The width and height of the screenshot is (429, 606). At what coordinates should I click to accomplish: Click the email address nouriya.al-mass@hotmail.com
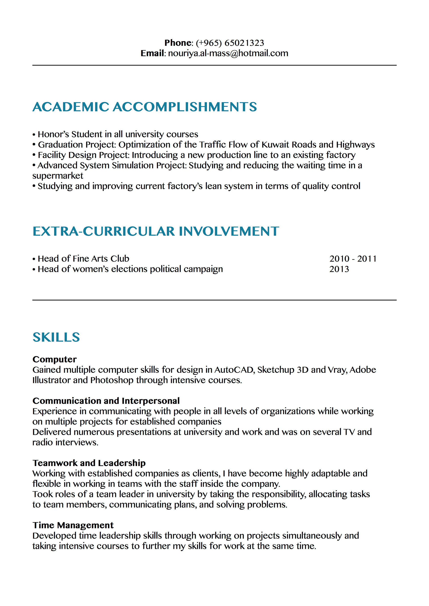point(228,53)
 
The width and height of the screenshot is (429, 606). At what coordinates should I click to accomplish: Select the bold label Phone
point(178,43)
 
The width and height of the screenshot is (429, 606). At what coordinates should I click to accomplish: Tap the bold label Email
point(152,53)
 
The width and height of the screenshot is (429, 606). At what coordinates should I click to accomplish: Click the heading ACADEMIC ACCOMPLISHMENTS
point(145,107)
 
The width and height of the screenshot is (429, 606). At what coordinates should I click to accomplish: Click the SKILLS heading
point(56,337)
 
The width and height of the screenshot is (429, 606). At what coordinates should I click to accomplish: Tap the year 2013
point(339,269)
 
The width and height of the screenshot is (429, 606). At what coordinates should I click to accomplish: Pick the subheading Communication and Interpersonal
point(106,401)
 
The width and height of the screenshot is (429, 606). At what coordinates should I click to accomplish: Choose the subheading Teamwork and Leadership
point(89,463)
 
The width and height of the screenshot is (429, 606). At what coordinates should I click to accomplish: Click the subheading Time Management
point(73,525)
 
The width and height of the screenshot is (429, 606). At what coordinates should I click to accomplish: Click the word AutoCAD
point(234,370)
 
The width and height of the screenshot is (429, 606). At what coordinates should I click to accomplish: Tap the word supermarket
point(58,176)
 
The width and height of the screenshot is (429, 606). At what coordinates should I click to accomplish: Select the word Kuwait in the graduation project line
point(275,145)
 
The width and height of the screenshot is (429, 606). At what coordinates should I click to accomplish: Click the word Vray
point(338,370)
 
